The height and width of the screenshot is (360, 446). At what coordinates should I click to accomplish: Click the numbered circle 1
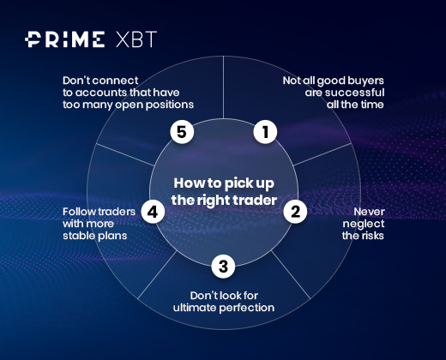point(265,132)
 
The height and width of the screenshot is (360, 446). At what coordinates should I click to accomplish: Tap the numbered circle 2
point(295,212)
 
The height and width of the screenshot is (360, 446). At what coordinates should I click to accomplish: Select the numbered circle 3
point(223,267)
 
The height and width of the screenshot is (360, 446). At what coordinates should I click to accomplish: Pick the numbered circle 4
point(153,212)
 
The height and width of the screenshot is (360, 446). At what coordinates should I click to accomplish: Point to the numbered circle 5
point(182,132)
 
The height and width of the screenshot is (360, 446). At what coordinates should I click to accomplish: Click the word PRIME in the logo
point(64,39)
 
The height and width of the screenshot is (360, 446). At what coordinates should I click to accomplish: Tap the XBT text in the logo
point(136,39)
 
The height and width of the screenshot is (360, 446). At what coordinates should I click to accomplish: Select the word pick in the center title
point(238,184)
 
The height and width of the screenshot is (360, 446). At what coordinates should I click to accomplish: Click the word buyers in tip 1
point(365,81)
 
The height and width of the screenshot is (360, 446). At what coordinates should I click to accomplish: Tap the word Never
point(370,212)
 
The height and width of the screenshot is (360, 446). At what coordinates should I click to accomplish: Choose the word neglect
point(364,225)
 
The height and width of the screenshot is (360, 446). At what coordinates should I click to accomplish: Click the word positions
point(170,105)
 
